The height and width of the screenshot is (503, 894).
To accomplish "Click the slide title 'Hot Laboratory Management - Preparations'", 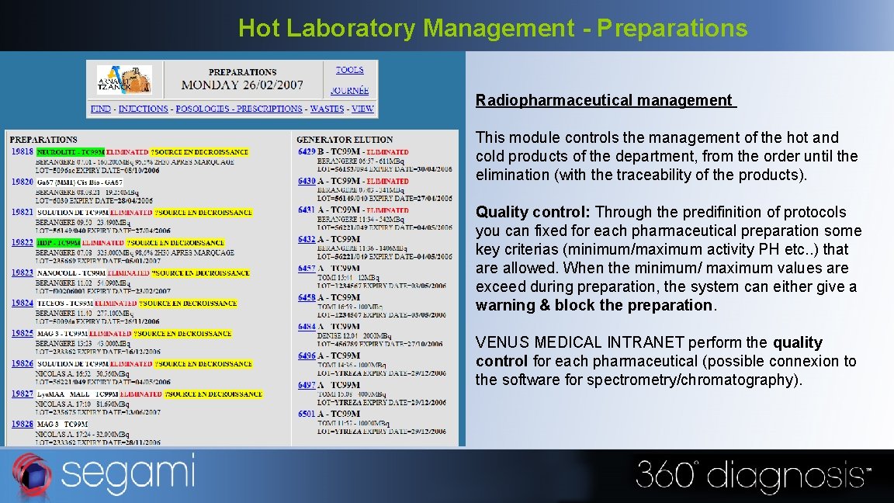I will [493, 28].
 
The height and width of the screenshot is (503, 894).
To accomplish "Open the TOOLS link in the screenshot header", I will [349, 70].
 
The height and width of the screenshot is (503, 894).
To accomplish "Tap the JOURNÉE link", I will [349, 91].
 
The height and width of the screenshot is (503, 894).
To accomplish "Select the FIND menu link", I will [101, 109].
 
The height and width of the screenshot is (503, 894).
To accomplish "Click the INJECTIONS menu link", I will [143, 109].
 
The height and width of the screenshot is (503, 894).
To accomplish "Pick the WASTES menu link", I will [326, 109].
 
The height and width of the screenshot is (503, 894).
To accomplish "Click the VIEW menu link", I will [362, 109].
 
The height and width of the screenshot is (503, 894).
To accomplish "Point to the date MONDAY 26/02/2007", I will [242, 85].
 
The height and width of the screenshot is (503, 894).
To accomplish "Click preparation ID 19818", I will [22, 152].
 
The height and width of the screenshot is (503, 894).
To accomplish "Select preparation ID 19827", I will [22, 394].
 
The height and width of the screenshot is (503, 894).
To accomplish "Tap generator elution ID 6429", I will [307, 152].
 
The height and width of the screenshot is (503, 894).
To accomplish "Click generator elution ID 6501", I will [307, 414].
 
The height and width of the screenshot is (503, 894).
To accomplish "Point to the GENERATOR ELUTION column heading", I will [345, 140].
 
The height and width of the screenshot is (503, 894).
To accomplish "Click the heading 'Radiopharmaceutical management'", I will [604, 100].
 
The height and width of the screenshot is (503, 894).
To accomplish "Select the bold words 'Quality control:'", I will [533, 212].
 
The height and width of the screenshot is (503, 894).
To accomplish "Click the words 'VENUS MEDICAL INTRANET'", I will [580, 342].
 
